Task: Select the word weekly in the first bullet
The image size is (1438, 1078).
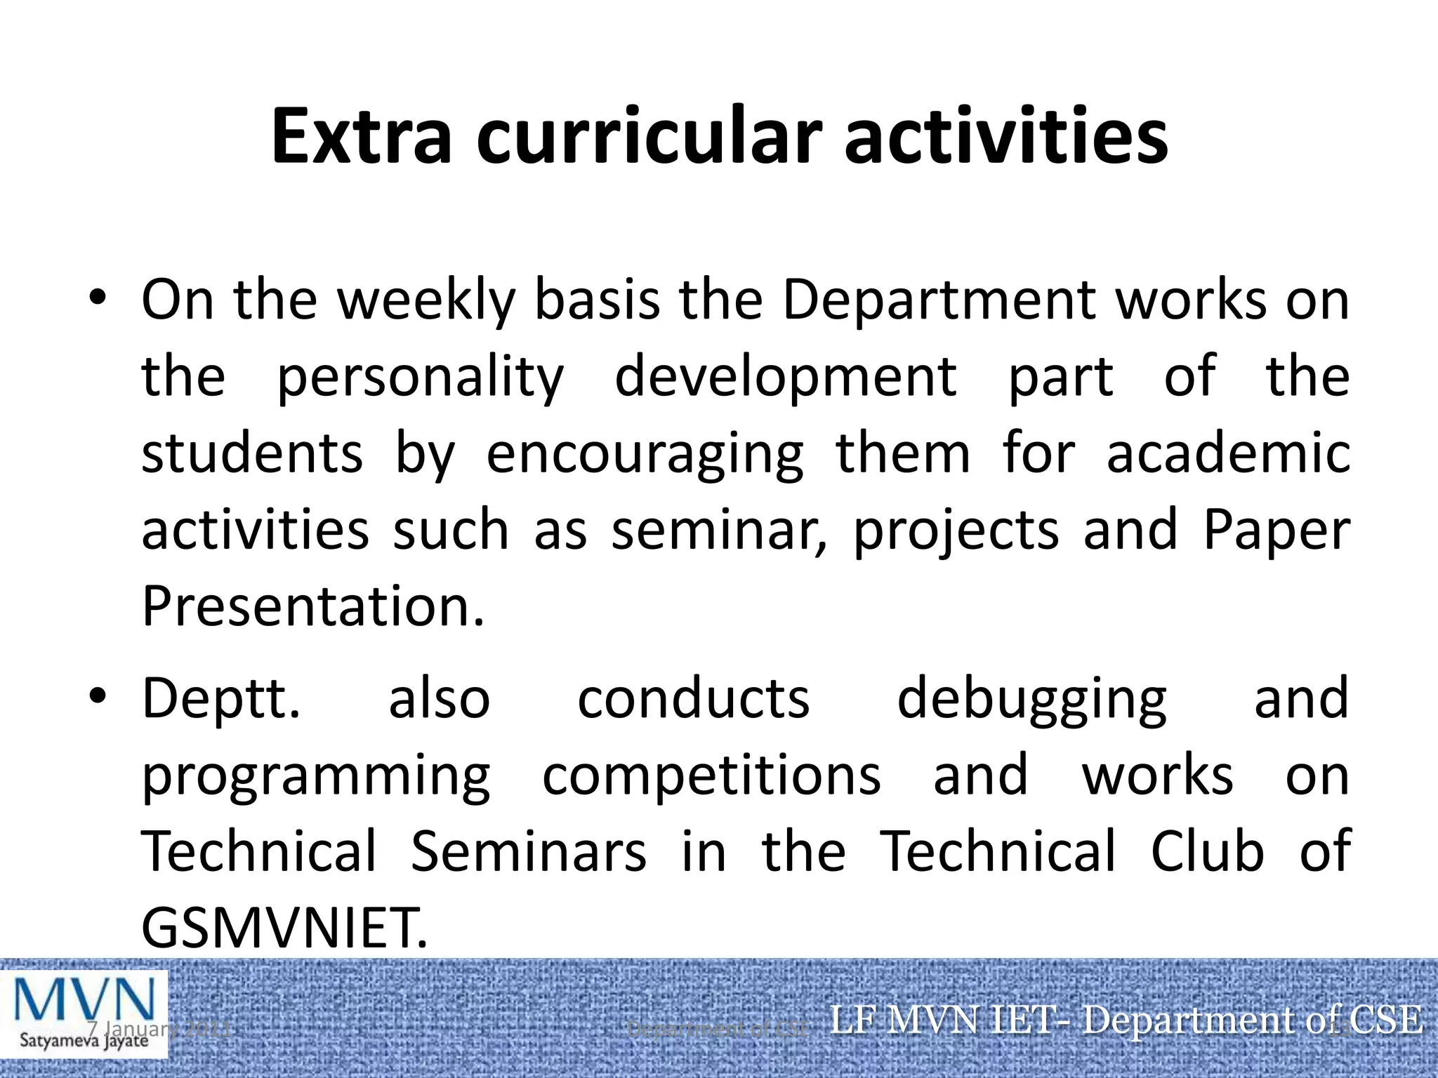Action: point(426,300)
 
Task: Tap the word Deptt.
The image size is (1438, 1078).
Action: point(221,700)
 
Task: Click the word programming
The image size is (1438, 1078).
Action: point(316,778)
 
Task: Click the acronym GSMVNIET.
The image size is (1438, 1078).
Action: point(284,928)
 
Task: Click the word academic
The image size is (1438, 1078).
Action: point(1228,454)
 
